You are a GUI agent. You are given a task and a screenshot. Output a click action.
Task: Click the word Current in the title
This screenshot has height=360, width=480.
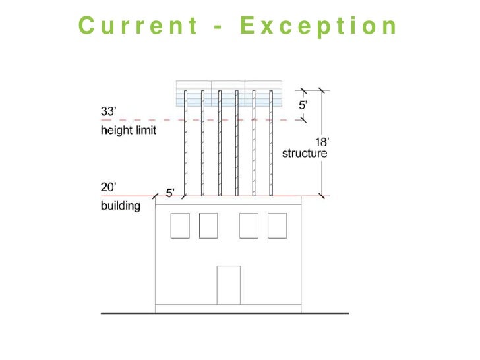137,26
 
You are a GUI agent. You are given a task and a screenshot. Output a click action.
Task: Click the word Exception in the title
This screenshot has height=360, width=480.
319,26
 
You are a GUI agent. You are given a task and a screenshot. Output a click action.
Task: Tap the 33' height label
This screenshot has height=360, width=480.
108,112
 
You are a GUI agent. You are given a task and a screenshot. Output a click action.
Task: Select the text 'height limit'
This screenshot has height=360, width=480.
129,130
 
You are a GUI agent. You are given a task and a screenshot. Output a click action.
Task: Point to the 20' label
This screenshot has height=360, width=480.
108,187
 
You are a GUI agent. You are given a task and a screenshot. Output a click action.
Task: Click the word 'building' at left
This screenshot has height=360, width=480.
121,206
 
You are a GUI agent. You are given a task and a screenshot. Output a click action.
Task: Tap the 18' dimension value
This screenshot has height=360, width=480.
322,142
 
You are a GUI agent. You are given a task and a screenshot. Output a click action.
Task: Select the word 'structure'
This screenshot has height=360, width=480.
305,154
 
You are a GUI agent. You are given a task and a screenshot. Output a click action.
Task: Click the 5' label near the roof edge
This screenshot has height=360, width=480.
170,193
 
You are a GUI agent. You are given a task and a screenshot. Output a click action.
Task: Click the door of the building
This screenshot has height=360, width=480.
228,284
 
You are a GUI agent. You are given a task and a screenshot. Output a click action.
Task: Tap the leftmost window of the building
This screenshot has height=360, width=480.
180,225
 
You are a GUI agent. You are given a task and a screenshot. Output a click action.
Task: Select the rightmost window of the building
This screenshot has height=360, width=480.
277,225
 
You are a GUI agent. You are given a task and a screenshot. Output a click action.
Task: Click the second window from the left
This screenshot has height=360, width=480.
208,225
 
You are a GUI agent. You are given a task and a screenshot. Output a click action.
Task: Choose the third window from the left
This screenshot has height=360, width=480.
249,225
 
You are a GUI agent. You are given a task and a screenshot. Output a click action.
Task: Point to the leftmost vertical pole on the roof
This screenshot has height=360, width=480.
186,145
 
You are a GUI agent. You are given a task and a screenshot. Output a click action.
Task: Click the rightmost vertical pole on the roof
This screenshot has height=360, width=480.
270,145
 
